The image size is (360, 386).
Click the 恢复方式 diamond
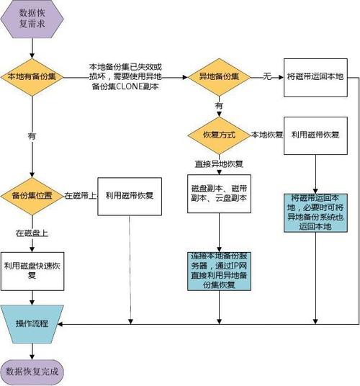pyautogui.click(x=218, y=135)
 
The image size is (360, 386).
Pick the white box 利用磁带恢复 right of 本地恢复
pyautogui.click(x=315, y=135)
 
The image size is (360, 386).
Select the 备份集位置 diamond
pyautogui.click(x=32, y=195)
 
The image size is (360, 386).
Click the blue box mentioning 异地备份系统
pyautogui.click(x=315, y=212)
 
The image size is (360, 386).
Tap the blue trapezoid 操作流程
pyautogui.click(x=32, y=323)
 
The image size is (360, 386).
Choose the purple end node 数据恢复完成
pyautogui.click(x=32, y=372)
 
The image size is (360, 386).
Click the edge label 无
pyautogui.click(x=266, y=75)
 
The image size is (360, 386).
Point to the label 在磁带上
pyautogui.click(x=81, y=195)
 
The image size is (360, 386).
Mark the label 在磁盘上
pyautogui.click(x=32, y=233)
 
